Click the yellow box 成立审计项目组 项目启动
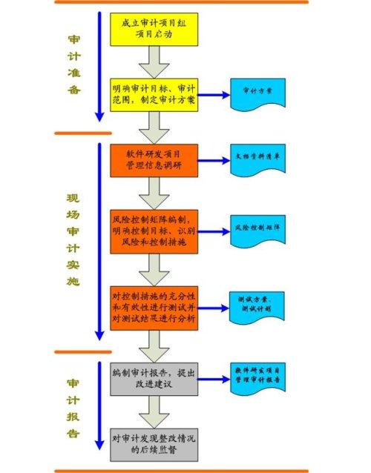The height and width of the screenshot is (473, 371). (155, 28)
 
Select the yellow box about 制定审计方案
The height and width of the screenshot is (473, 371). (155, 94)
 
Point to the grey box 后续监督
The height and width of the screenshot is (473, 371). (155, 444)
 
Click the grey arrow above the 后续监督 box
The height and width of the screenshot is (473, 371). (155, 409)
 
